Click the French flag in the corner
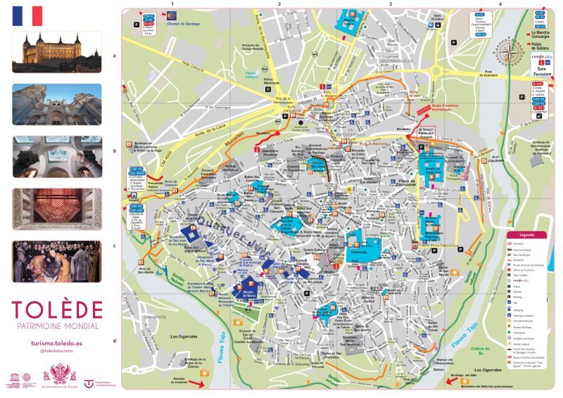(27, 15)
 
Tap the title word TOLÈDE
(57, 309)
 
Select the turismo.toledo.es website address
(57, 341)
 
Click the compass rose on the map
(507, 51)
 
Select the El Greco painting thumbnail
(56, 261)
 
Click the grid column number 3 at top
(390, 4)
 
